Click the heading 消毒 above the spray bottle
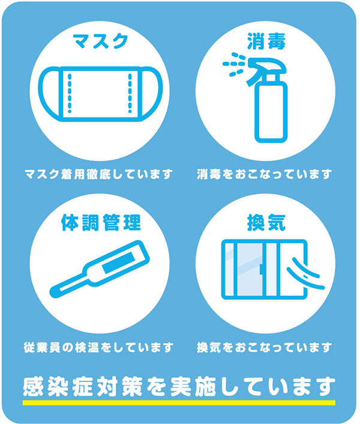[266, 41]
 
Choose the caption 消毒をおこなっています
[264, 174]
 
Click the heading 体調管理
[101, 223]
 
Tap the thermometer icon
[99, 268]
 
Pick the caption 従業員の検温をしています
[99, 347]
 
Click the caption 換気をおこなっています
[264, 347]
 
